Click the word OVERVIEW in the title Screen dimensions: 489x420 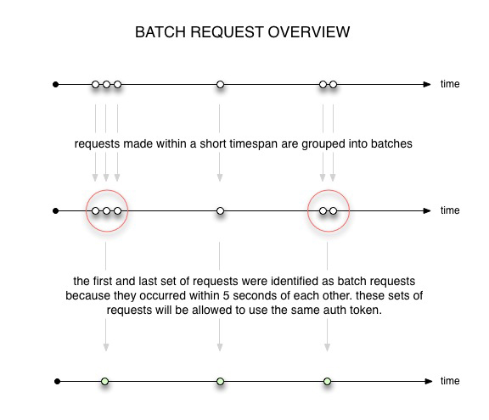(x=309, y=32)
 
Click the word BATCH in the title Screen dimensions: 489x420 (x=160, y=32)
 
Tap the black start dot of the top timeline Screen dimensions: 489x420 (x=55, y=85)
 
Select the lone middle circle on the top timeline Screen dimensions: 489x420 (x=220, y=85)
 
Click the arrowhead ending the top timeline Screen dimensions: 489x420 (x=427, y=85)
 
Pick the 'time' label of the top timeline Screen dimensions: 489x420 (x=450, y=84)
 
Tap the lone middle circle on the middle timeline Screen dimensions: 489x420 (x=220, y=211)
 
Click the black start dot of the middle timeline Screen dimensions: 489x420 (x=55, y=211)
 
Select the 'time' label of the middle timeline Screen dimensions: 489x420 (x=450, y=210)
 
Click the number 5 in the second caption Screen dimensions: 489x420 (x=226, y=295)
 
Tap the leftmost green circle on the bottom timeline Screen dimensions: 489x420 (x=105, y=381)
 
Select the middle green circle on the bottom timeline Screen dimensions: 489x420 (x=220, y=381)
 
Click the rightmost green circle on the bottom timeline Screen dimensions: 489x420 (x=327, y=381)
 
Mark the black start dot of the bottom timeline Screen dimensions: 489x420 (x=57, y=381)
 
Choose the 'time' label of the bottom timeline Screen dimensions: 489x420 (x=450, y=381)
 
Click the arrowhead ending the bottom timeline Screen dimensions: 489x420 (x=429, y=381)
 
